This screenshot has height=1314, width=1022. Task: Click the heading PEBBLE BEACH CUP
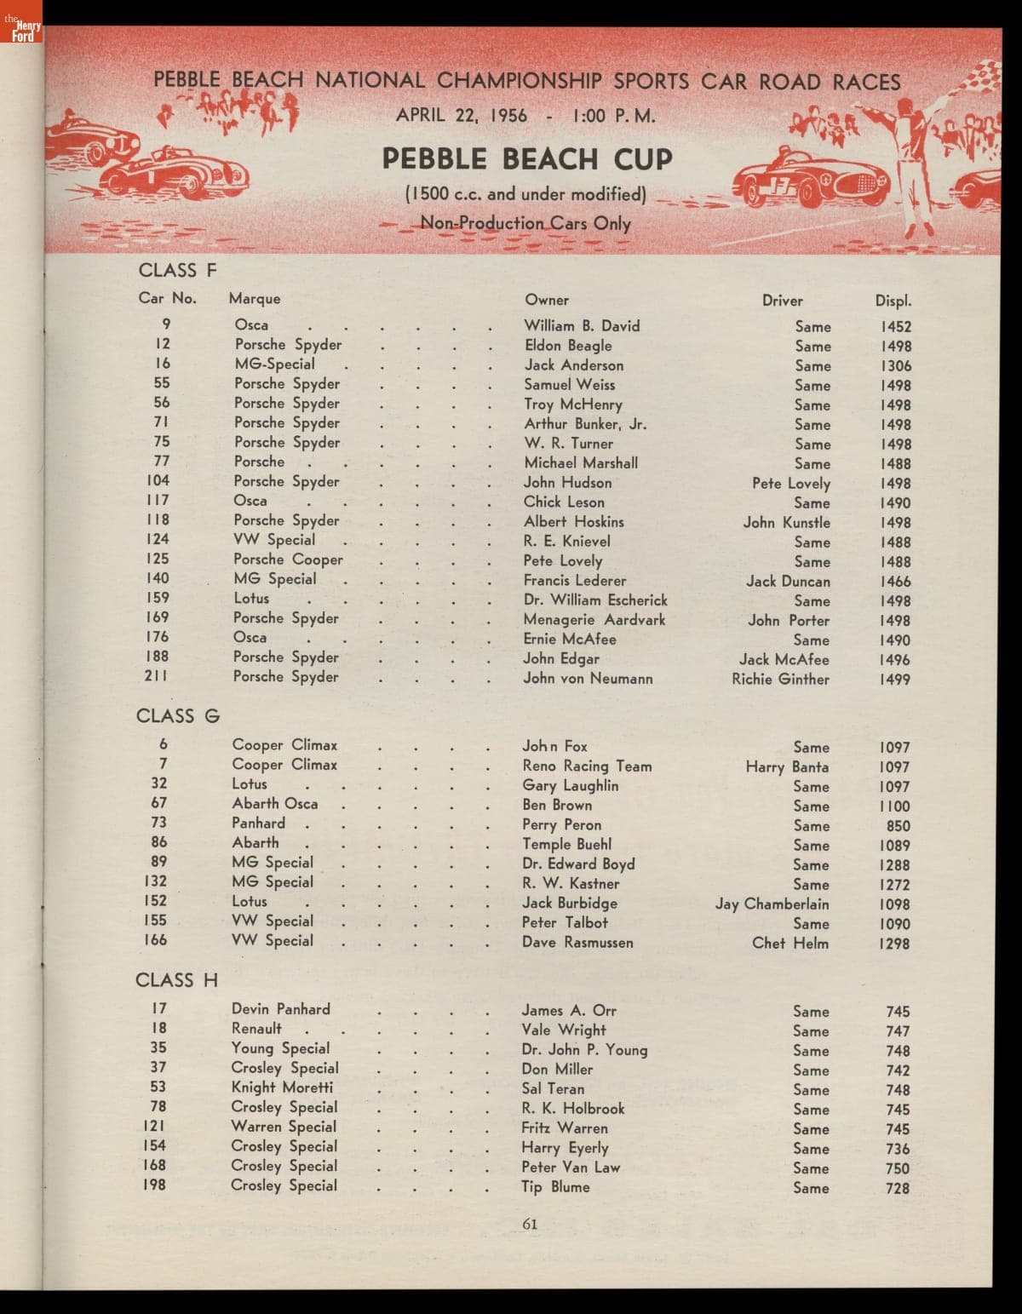pyautogui.click(x=526, y=159)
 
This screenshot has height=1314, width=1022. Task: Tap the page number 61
pyautogui.click(x=530, y=1224)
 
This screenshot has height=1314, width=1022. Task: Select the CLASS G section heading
pyautogui.click(x=178, y=716)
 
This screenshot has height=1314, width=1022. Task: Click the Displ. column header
pyautogui.click(x=893, y=301)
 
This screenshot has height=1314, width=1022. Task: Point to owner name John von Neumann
pyautogui.click(x=588, y=679)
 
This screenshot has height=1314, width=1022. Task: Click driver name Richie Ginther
pyautogui.click(x=780, y=679)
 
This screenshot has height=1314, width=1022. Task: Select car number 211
pyautogui.click(x=156, y=676)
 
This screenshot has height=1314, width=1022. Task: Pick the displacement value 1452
pyautogui.click(x=896, y=326)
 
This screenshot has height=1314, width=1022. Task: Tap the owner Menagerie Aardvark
pyautogui.click(x=594, y=620)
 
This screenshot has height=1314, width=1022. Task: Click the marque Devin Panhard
pyautogui.click(x=280, y=1009)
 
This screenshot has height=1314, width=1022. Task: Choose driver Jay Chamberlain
pyautogui.click(x=772, y=904)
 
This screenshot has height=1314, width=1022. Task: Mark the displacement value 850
pyautogui.click(x=898, y=826)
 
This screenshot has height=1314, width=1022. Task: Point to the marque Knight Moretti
pyautogui.click(x=282, y=1087)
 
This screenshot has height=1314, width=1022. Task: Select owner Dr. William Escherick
pyautogui.click(x=595, y=600)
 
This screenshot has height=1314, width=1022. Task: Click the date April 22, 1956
pyautogui.click(x=462, y=115)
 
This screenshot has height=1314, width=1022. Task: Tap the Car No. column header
pyautogui.click(x=167, y=298)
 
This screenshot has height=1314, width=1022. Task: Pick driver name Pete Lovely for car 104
pyautogui.click(x=790, y=483)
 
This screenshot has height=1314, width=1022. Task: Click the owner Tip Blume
pyautogui.click(x=555, y=1186)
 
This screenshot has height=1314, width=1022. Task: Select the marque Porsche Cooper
pyautogui.click(x=288, y=559)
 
